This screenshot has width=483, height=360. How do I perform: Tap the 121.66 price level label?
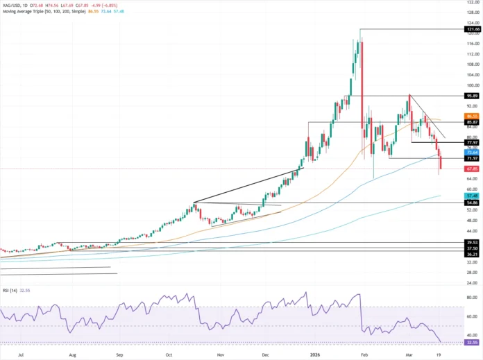[x=471, y=29]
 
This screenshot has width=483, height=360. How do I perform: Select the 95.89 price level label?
[x=471, y=96]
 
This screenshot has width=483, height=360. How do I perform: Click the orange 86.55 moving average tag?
[x=471, y=116]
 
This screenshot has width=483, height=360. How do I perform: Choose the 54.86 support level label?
[x=471, y=203]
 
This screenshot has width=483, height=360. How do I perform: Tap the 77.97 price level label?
[x=471, y=142]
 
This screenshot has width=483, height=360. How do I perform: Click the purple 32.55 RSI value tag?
[x=471, y=342]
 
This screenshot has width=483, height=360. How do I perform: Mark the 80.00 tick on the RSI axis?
[x=472, y=299]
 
